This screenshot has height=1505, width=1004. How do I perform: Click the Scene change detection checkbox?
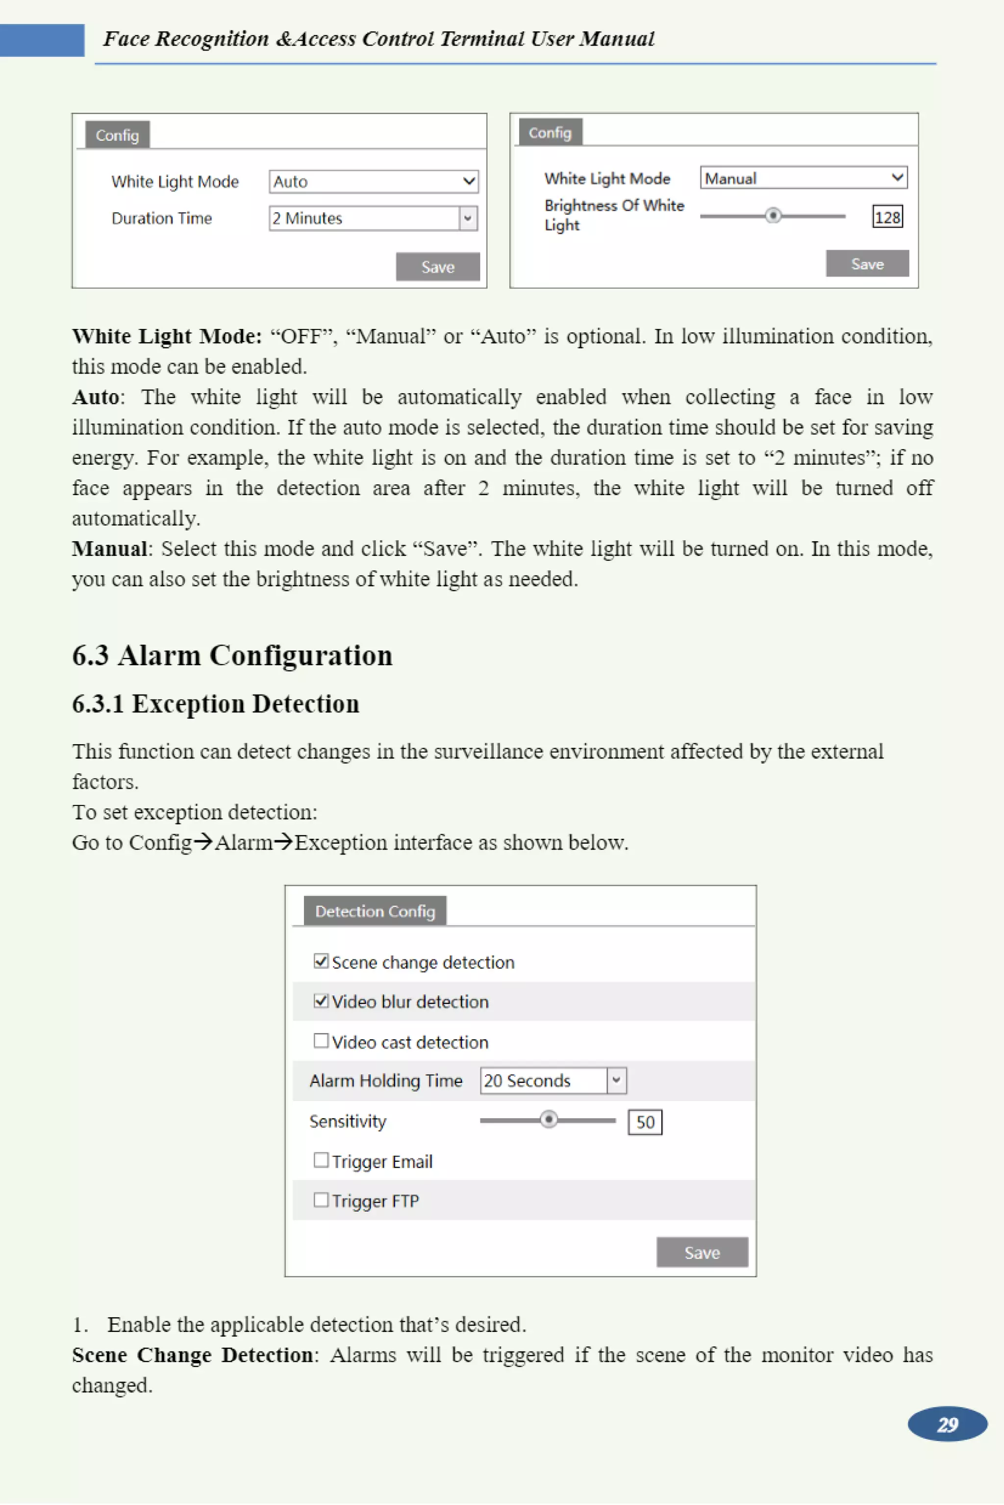[x=321, y=961]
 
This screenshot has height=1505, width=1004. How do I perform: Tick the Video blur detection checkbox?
[x=321, y=1001]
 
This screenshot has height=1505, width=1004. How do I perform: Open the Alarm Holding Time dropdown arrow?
[x=616, y=1080]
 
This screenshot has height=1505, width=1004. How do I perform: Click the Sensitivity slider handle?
[x=548, y=1120]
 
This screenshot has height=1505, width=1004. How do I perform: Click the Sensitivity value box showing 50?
[x=645, y=1122]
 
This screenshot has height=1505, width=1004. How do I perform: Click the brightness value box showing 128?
[x=887, y=217]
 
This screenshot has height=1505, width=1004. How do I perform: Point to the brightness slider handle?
[x=773, y=216]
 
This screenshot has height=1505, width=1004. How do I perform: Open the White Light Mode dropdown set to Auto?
[x=373, y=182]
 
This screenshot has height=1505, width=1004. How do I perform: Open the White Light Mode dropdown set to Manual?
[x=803, y=178]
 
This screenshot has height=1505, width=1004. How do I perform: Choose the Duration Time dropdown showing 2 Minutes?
[x=373, y=218]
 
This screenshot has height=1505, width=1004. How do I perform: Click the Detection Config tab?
[x=375, y=911]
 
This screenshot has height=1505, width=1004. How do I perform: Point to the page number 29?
[x=947, y=1424]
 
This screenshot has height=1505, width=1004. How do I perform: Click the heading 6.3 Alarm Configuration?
[x=232, y=655]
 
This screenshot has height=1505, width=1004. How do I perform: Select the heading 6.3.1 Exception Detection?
[x=215, y=703]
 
